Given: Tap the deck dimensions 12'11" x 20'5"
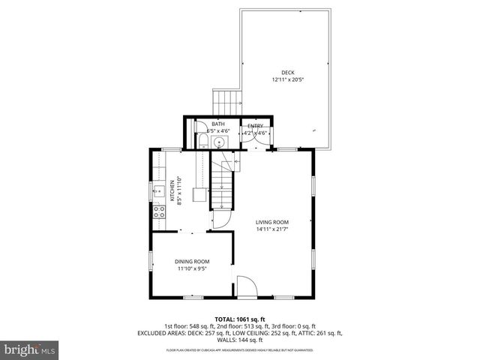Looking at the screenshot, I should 287,79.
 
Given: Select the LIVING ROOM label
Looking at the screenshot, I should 271,222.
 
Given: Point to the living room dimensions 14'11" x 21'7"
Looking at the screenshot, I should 271,229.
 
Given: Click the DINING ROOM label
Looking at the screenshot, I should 192,261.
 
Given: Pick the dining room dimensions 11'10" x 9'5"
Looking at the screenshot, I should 192,268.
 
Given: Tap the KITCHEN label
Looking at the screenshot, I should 172,191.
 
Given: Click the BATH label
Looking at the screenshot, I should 217,124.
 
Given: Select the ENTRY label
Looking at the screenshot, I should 255,125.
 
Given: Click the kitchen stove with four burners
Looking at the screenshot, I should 159,211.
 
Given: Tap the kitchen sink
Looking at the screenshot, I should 157,192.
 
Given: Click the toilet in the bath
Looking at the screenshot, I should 203,142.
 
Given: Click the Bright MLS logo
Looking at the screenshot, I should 30,349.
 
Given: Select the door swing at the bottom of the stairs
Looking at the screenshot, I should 222,219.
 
